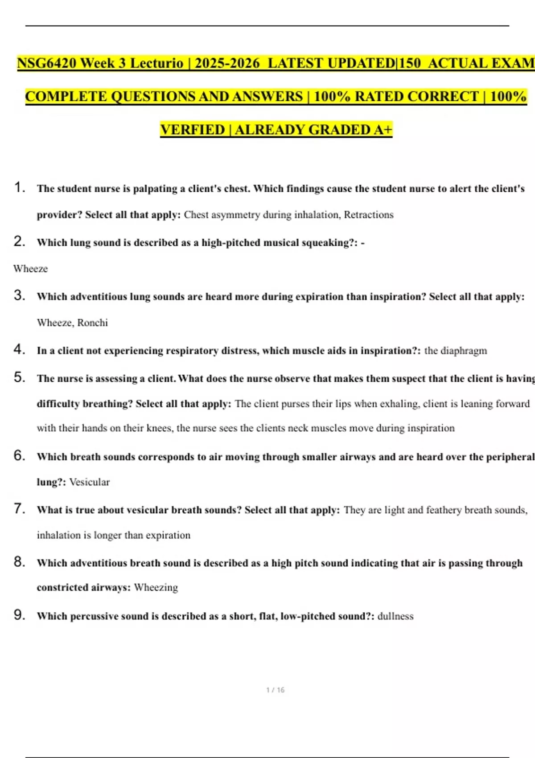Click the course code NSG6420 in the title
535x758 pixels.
[x=47, y=63]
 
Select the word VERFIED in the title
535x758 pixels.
[x=193, y=130]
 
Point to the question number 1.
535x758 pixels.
[x=19, y=187]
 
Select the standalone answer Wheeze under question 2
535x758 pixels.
[x=30, y=269]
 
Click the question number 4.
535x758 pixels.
[x=19, y=349]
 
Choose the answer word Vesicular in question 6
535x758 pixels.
[x=89, y=482]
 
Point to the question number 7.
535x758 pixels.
[x=19, y=509]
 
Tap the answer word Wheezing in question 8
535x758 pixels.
[x=156, y=588]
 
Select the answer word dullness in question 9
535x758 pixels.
[x=395, y=616]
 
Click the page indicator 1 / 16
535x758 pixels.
[x=275, y=690]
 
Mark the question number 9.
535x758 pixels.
[x=19, y=615]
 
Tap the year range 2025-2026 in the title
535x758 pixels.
[x=227, y=63]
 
